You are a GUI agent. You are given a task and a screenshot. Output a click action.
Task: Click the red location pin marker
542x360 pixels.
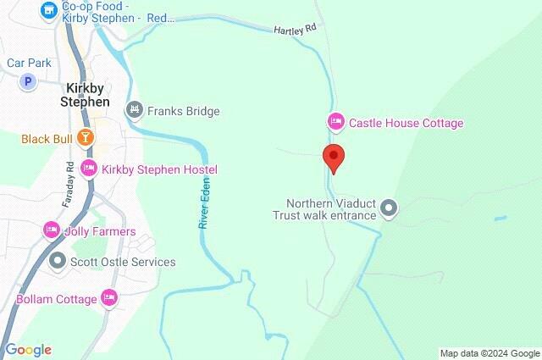click(334, 158)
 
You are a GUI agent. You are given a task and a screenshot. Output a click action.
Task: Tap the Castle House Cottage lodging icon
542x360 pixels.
click(335, 123)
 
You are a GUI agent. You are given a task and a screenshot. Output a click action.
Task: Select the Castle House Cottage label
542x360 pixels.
click(406, 123)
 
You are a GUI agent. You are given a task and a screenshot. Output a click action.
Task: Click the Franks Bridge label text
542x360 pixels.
click(184, 111)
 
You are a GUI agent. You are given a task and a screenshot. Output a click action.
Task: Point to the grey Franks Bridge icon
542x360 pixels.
click(134, 110)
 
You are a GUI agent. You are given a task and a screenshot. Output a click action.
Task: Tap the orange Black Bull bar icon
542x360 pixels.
click(85, 137)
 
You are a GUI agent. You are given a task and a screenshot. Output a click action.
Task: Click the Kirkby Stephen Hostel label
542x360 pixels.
click(159, 169)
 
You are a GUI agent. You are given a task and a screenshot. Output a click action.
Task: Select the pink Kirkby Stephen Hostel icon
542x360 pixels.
click(88, 169)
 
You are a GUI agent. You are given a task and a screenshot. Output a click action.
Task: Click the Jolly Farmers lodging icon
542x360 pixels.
click(51, 230)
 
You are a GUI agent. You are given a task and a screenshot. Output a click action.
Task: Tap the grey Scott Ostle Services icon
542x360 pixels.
click(58, 261)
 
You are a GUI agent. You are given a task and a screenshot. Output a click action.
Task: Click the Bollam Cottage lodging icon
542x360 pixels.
click(108, 297)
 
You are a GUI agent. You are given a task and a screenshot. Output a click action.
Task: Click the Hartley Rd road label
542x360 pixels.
click(294, 28)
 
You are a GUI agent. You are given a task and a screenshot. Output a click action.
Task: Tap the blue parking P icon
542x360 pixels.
click(29, 81)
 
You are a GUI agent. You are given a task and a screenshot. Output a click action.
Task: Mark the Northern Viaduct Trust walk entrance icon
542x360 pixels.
click(389, 208)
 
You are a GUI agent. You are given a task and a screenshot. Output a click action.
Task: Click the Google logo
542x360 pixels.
click(28, 350)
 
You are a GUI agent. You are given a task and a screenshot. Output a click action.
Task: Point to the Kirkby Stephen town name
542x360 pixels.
click(85, 94)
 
